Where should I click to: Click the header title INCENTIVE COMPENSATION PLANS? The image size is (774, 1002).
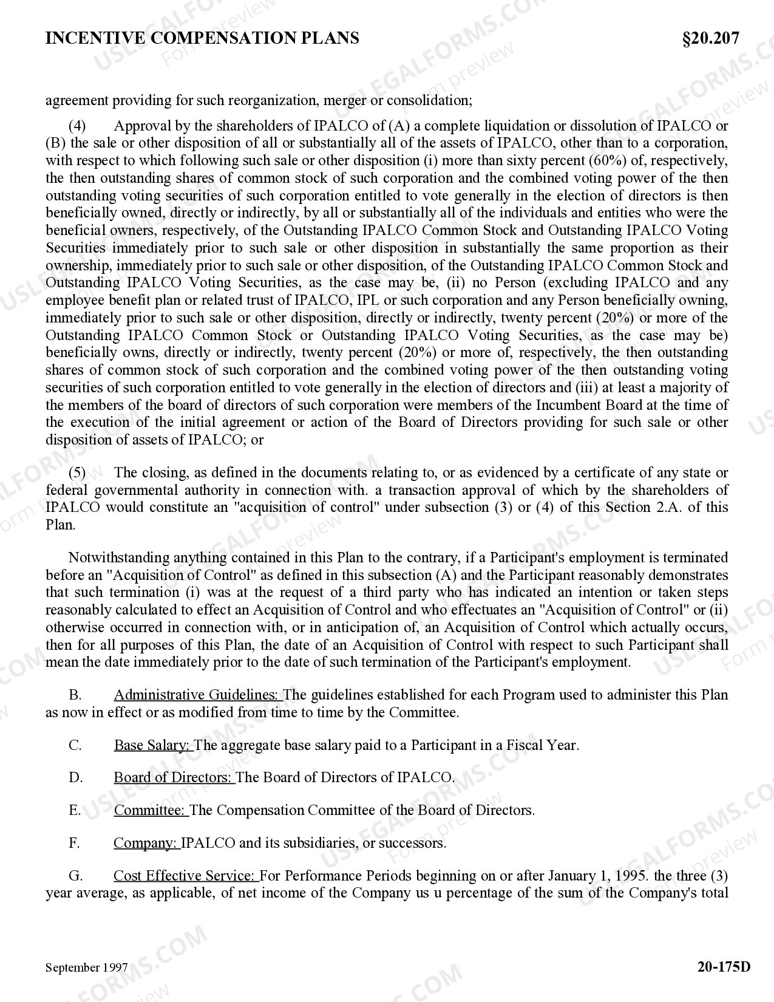click(x=202, y=38)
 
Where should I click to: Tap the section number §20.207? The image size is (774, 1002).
click(x=710, y=38)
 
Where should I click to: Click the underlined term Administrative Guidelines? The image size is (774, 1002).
click(x=197, y=695)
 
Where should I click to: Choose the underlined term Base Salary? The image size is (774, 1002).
click(x=153, y=745)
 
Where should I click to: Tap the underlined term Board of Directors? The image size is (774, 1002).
click(x=174, y=777)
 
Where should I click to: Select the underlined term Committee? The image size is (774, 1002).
click(x=151, y=810)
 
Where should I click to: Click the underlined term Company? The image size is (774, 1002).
click(x=146, y=843)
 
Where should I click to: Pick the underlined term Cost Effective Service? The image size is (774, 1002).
click(x=185, y=876)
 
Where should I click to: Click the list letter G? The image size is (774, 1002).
click(x=75, y=876)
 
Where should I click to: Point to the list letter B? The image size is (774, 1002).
click(x=75, y=695)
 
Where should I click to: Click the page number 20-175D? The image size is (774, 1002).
click(x=724, y=966)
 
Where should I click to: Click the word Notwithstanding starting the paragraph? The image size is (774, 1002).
click(x=120, y=557)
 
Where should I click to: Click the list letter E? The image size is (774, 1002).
click(x=75, y=810)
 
